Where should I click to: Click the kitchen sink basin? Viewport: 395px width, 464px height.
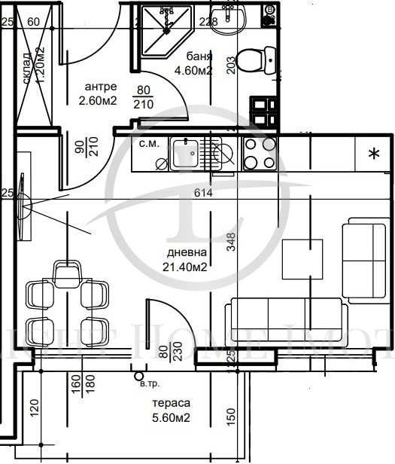[x=184, y=154]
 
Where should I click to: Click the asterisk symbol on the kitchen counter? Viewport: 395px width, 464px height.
[x=373, y=154]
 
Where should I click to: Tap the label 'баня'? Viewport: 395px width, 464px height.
[x=202, y=57]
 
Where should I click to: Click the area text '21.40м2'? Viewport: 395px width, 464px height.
[x=187, y=266]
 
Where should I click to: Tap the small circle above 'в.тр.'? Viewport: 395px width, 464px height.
[x=138, y=374]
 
